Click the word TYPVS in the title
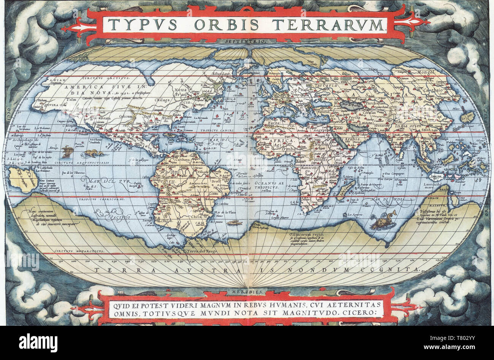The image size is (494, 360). (142, 25)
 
